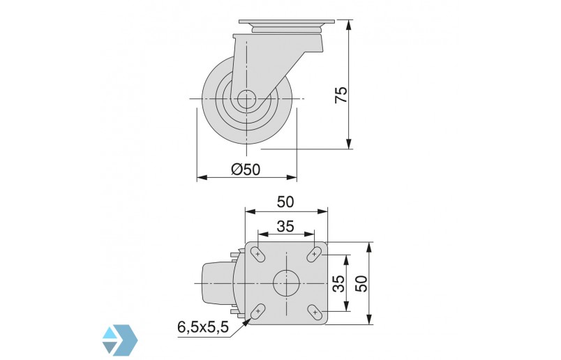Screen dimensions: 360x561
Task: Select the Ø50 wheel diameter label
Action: (245, 169)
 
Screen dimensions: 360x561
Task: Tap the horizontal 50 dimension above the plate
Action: (285, 202)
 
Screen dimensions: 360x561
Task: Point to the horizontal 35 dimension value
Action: (285, 226)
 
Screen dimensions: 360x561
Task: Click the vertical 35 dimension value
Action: (338, 283)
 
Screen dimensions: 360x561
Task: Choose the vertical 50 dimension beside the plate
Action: (361, 283)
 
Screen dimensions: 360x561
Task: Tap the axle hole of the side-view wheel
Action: (246, 100)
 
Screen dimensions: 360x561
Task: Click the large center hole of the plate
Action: (286, 283)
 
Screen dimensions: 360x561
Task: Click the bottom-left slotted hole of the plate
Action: (257, 311)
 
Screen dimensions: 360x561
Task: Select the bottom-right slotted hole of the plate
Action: (315, 311)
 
